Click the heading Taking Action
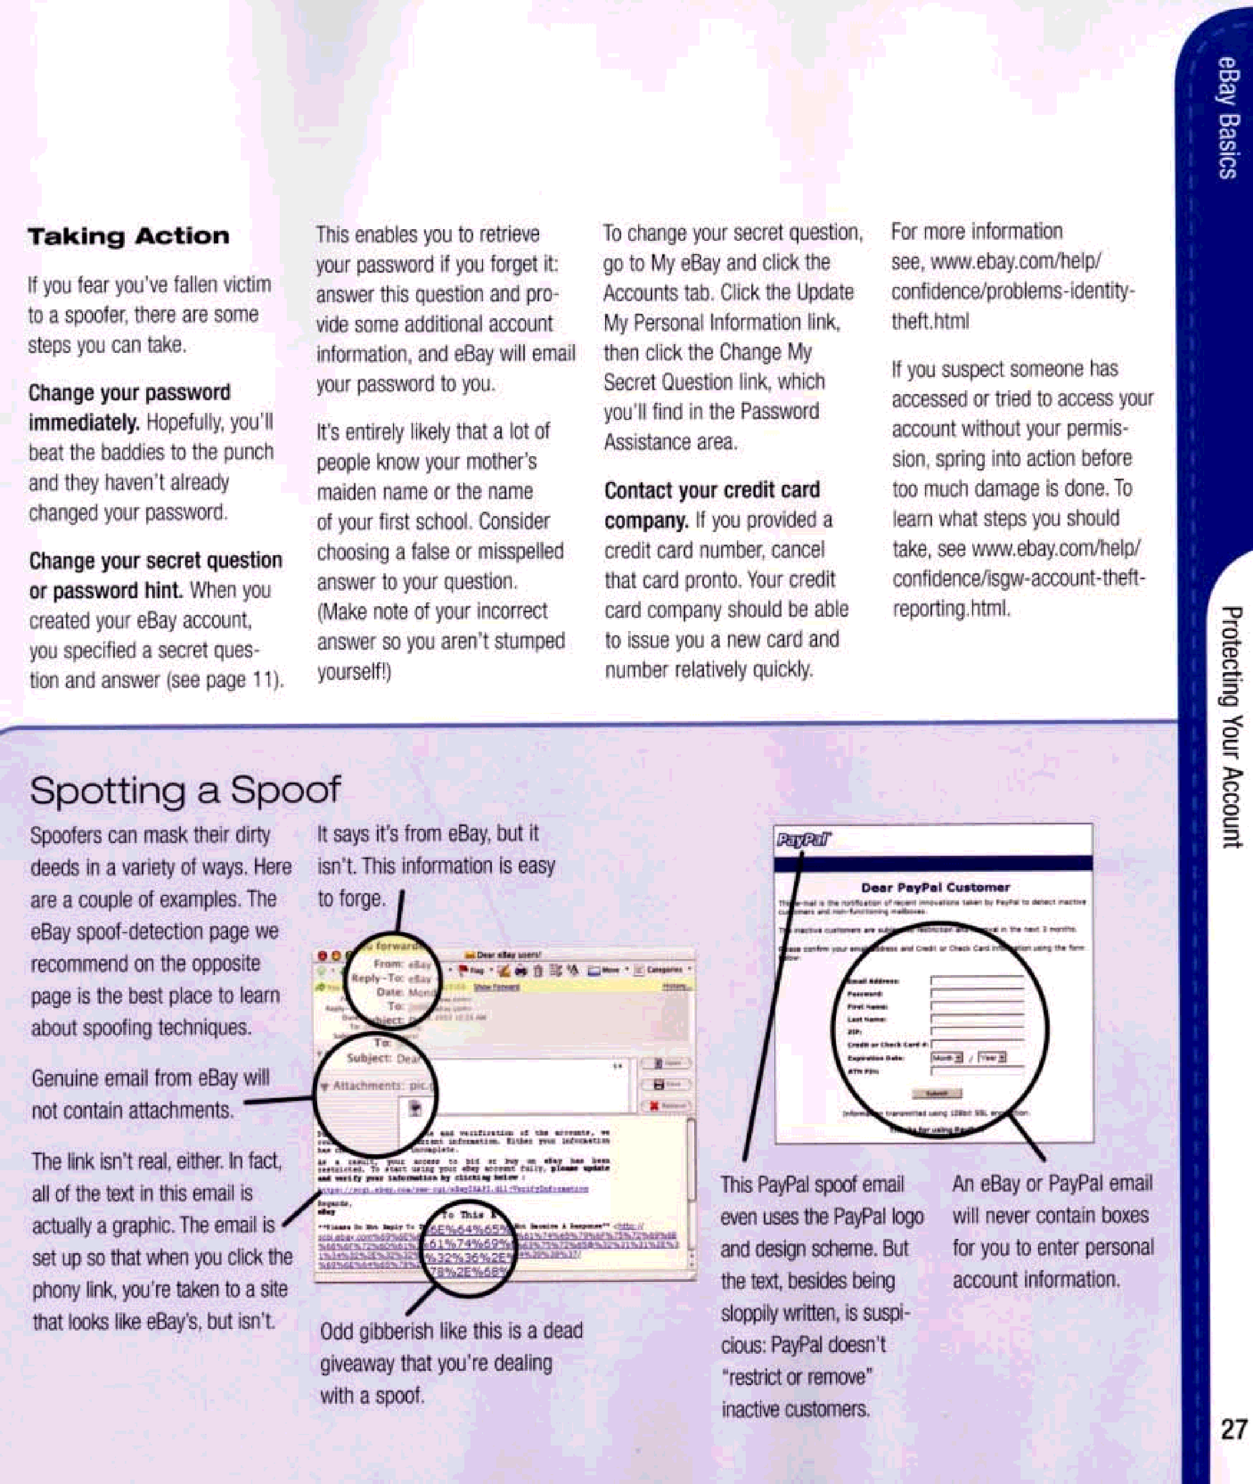pos(129,236)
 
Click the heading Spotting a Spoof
pos(185,790)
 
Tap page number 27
pos(1234,1428)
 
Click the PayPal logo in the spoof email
pos(803,840)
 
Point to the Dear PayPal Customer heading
pos(935,887)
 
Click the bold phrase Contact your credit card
pos(712,490)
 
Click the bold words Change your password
pos(129,393)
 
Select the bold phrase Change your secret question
pos(156,561)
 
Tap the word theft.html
pos(930,322)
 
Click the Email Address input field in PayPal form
pos(977,981)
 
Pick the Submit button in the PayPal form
pos(937,1093)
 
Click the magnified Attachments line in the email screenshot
pos(376,1086)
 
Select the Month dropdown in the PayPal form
pos(947,1058)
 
